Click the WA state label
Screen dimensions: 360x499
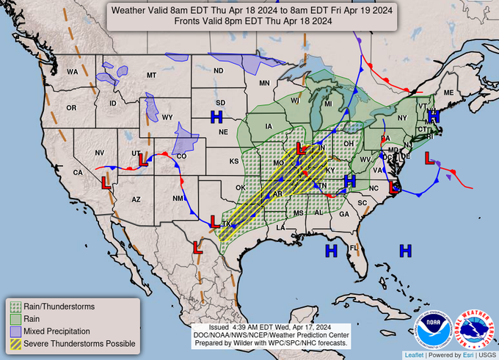click(73, 72)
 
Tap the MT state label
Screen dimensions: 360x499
click(152, 76)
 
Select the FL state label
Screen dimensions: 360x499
click(352, 247)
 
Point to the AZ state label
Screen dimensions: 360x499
click(136, 199)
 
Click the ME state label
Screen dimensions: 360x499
click(448, 94)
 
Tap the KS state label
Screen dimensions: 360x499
click(234, 161)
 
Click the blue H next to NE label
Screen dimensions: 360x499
click(216, 117)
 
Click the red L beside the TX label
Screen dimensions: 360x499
click(214, 221)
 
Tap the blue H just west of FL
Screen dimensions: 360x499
click(331, 251)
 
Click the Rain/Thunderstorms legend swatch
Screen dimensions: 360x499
click(15, 306)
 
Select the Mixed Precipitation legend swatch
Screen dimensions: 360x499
click(15, 331)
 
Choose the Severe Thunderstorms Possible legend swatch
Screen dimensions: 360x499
click(15, 343)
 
